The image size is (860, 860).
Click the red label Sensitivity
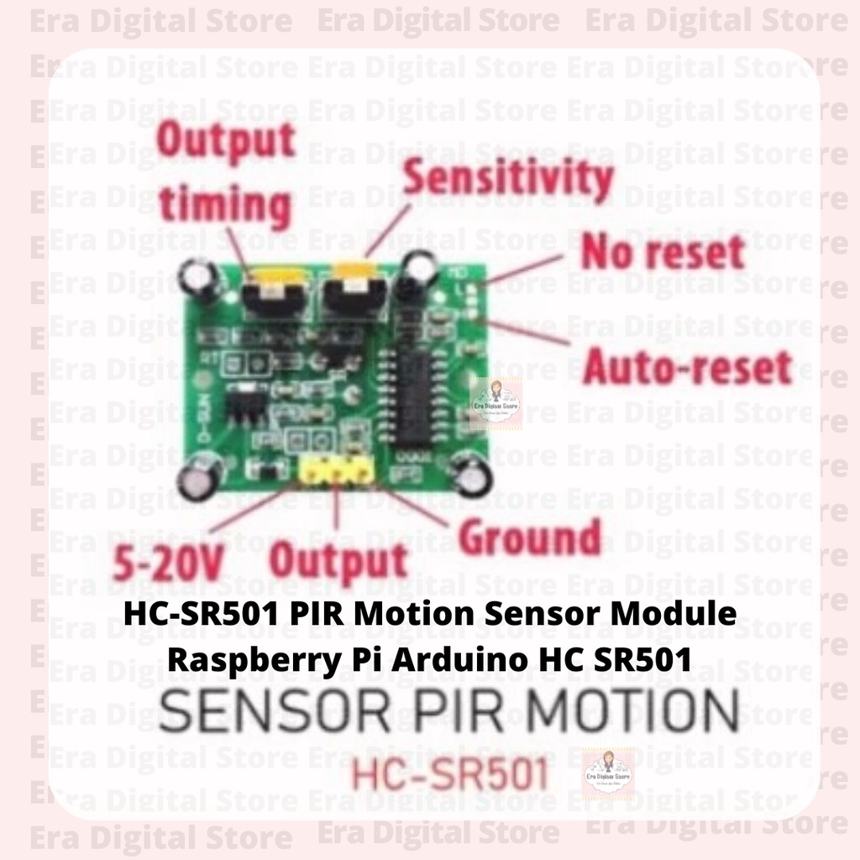[507, 179]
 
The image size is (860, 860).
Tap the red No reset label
[663, 252]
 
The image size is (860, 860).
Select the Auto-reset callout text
[687, 367]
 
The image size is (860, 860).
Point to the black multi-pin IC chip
[420, 386]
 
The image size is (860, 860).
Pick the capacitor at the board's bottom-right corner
[470, 473]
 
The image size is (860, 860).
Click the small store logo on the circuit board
[496, 403]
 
